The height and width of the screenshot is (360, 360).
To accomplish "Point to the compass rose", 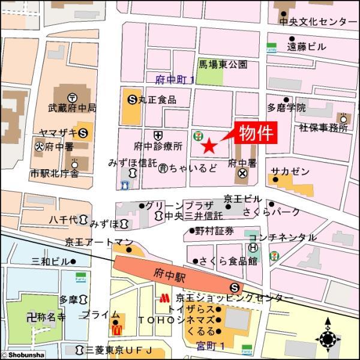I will pyautogui.click(x=328, y=340).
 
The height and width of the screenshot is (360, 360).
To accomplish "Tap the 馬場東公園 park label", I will pyautogui.click(x=222, y=64).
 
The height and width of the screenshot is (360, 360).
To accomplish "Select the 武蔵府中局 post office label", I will pyautogui.click(x=72, y=109).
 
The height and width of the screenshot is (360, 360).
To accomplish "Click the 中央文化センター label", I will pyautogui.click(x=317, y=22).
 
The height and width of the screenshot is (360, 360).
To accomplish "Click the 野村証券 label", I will pyautogui.click(x=214, y=230).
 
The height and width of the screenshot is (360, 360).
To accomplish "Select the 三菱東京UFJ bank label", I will pyautogui.click(x=119, y=350).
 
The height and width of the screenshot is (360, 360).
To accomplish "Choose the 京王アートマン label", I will pyautogui.click(x=98, y=242).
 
